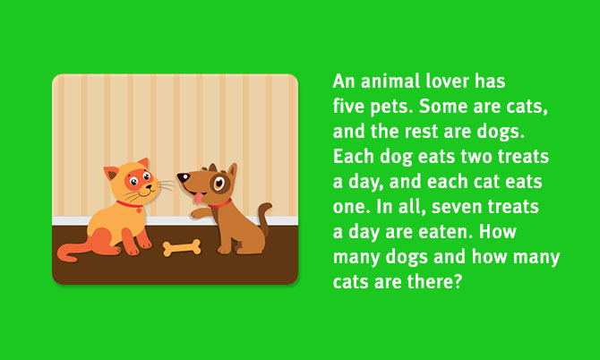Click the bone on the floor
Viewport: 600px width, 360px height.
182,247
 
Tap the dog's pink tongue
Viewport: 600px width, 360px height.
198,198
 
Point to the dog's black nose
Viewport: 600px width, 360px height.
183,177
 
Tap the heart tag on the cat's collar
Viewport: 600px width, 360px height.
139,210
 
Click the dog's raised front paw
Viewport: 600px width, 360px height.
197,213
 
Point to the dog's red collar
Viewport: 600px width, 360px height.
221,204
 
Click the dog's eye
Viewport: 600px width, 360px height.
219,183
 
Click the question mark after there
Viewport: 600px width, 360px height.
458,282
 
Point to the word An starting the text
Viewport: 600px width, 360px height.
345,81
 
